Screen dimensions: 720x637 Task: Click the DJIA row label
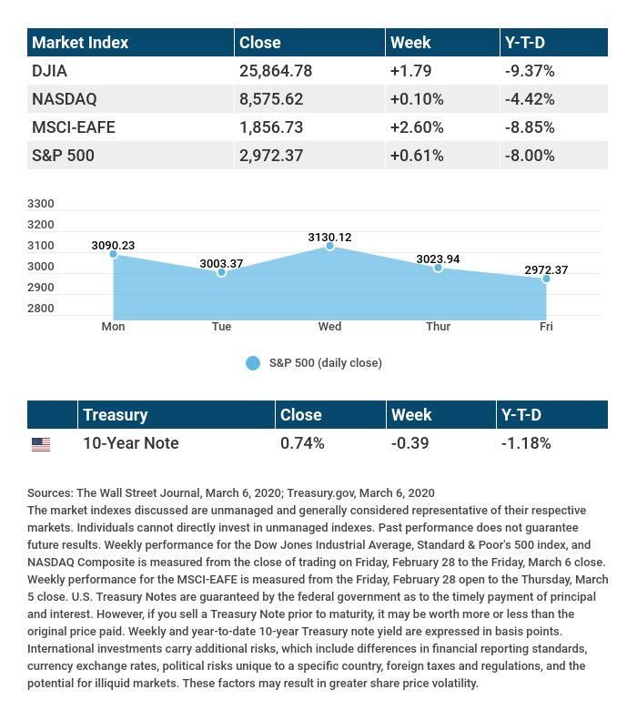(x=49, y=71)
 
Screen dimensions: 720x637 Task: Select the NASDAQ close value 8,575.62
(x=271, y=99)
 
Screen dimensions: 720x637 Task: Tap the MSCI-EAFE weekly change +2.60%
(x=417, y=127)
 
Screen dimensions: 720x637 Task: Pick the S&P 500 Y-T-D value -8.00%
(x=530, y=156)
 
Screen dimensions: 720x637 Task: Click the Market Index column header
(x=80, y=43)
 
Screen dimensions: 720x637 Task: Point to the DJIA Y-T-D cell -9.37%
(x=530, y=71)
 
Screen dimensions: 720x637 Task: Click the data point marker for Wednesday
(x=329, y=247)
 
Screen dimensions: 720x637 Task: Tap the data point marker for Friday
(x=546, y=279)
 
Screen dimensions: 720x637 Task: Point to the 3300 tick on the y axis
(x=41, y=204)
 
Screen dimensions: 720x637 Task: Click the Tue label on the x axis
(x=221, y=327)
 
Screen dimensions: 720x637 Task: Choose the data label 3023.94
(x=438, y=259)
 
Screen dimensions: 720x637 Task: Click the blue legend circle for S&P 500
(x=253, y=363)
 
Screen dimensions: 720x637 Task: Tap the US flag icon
(x=41, y=444)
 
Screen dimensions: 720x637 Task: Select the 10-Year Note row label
(x=130, y=443)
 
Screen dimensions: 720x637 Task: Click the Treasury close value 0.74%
(x=302, y=443)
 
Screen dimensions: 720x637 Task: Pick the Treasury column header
(x=115, y=415)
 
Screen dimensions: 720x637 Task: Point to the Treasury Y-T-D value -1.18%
(x=526, y=443)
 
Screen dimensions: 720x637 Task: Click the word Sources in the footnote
(x=49, y=493)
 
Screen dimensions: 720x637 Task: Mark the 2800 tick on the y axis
(x=41, y=309)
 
